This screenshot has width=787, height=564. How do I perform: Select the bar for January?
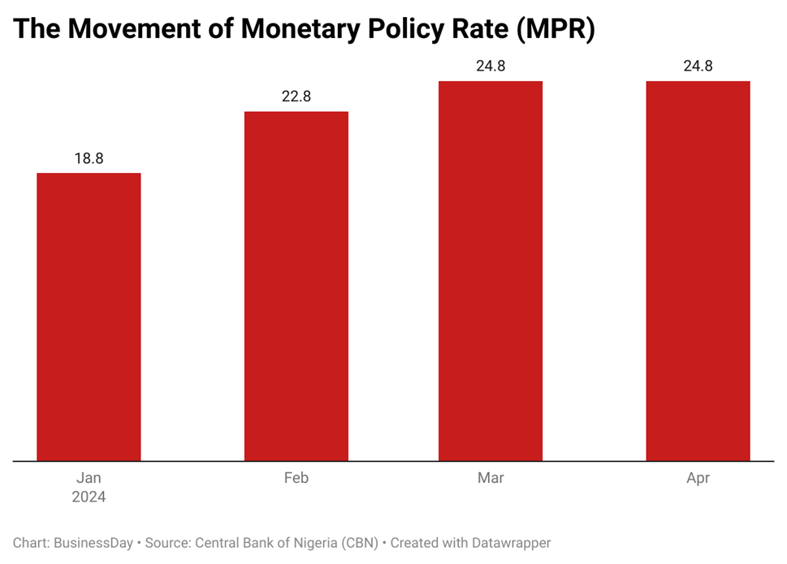click(x=89, y=316)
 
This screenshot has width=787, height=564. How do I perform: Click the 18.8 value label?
click(x=89, y=158)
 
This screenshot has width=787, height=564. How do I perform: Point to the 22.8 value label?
click(x=296, y=97)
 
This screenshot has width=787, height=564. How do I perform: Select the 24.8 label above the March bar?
click(x=491, y=67)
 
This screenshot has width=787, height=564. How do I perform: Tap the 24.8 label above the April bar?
click(x=698, y=67)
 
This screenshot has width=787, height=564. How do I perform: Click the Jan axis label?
click(x=89, y=478)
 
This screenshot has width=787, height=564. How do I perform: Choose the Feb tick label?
click(x=296, y=478)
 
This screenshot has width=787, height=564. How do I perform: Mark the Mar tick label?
click(x=491, y=478)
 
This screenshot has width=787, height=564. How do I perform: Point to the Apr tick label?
click(x=698, y=478)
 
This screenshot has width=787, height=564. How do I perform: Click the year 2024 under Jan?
click(x=89, y=497)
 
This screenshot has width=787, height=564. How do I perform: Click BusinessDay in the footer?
click(x=92, y=543)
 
